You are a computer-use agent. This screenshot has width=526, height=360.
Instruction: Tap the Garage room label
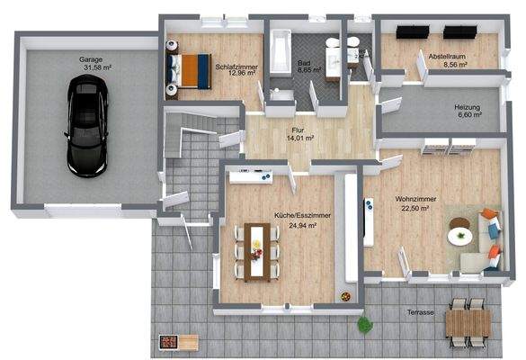pyautogui.click(x=89, y=58)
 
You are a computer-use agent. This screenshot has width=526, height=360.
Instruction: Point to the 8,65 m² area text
pyautogui.click(x=310, y=68)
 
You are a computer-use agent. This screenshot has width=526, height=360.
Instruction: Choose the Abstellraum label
pyautogui.click(x=446, y=56)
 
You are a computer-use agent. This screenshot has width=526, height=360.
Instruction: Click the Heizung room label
pyautogui.click(x=468, y=107)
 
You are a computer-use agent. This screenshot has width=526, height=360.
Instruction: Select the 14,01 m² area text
pyautogui.click(x=299, y=139)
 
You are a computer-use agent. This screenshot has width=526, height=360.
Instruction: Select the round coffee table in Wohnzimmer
pyautogui.click(x=461, y=236)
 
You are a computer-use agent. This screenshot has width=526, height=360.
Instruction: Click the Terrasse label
pyautogui.click(x=419, y=312)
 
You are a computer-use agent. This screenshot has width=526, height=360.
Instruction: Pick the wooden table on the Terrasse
pyautogui.click(x=468, y=322)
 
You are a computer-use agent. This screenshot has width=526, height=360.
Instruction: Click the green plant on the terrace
pyautogui.click(x=364, y=322)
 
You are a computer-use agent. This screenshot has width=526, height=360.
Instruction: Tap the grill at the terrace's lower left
pyautogui.click(x=178, y=341)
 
